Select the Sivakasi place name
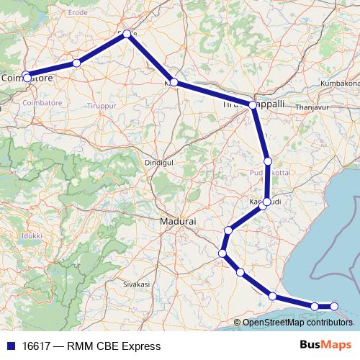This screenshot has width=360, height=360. [x=136, y=284]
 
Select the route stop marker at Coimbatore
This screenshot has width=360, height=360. [x=27, y=76]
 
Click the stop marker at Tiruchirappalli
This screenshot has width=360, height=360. [x=253, y=105]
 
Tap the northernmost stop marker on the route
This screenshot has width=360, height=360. [x=127, y=33]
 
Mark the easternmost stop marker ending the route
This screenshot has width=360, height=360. [x=334, y=306]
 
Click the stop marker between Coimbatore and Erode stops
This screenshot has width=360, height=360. [x=76, y=63]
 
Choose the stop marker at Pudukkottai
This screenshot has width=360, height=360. [x=268, y=161]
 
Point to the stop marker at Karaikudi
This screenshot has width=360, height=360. [x=266, y=202]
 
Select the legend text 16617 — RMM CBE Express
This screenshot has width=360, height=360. [x=91, y=346]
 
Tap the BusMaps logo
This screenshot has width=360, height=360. [x=326, y=346]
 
